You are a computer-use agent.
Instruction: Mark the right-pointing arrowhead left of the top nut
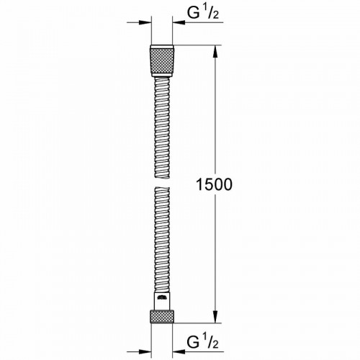point(145,23)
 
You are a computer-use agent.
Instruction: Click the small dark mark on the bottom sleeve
point(163,296)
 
